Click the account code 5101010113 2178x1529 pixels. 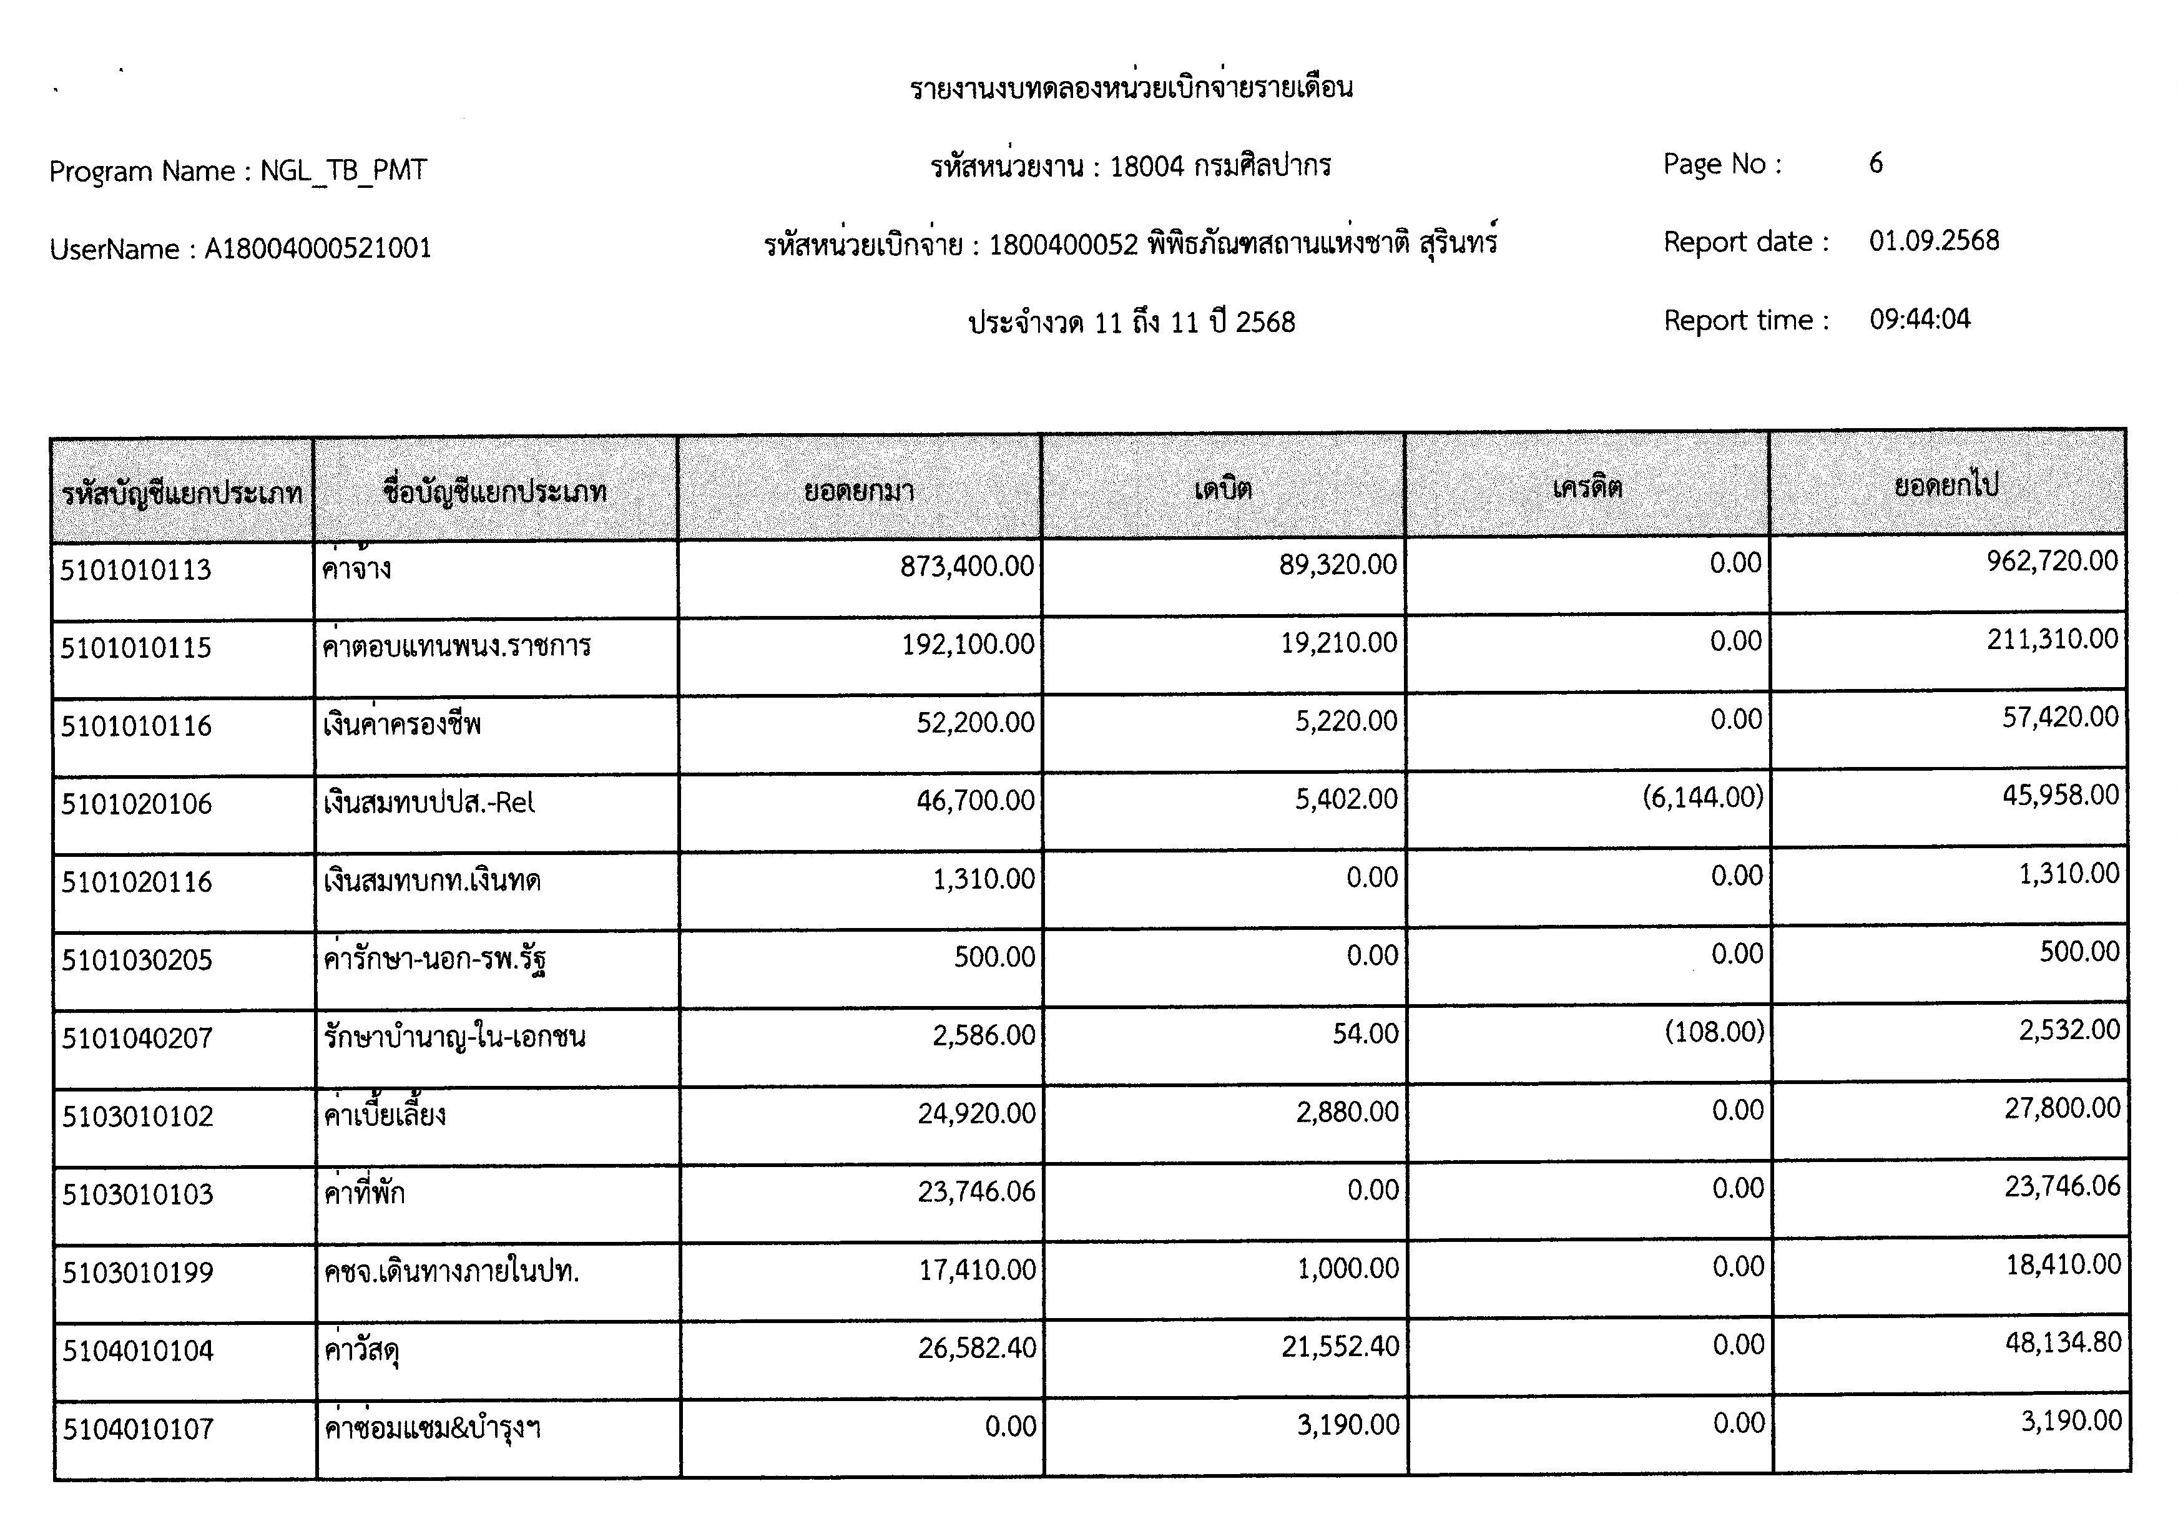[135, 570]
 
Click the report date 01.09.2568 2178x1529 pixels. [1933, 241]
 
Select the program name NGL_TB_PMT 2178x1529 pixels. [343, 171]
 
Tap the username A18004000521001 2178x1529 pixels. [318, 248]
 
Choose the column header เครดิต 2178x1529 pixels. [1587, 487]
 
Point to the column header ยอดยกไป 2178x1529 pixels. [1946, 486]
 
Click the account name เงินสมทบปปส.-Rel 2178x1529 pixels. [429, 803]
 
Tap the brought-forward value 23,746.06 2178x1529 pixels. [976, 1191]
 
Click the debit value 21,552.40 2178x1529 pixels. [1340, 1347]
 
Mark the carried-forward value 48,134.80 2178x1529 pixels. [2063, 1343]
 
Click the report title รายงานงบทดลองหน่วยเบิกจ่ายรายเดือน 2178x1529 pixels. [1131, 88]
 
